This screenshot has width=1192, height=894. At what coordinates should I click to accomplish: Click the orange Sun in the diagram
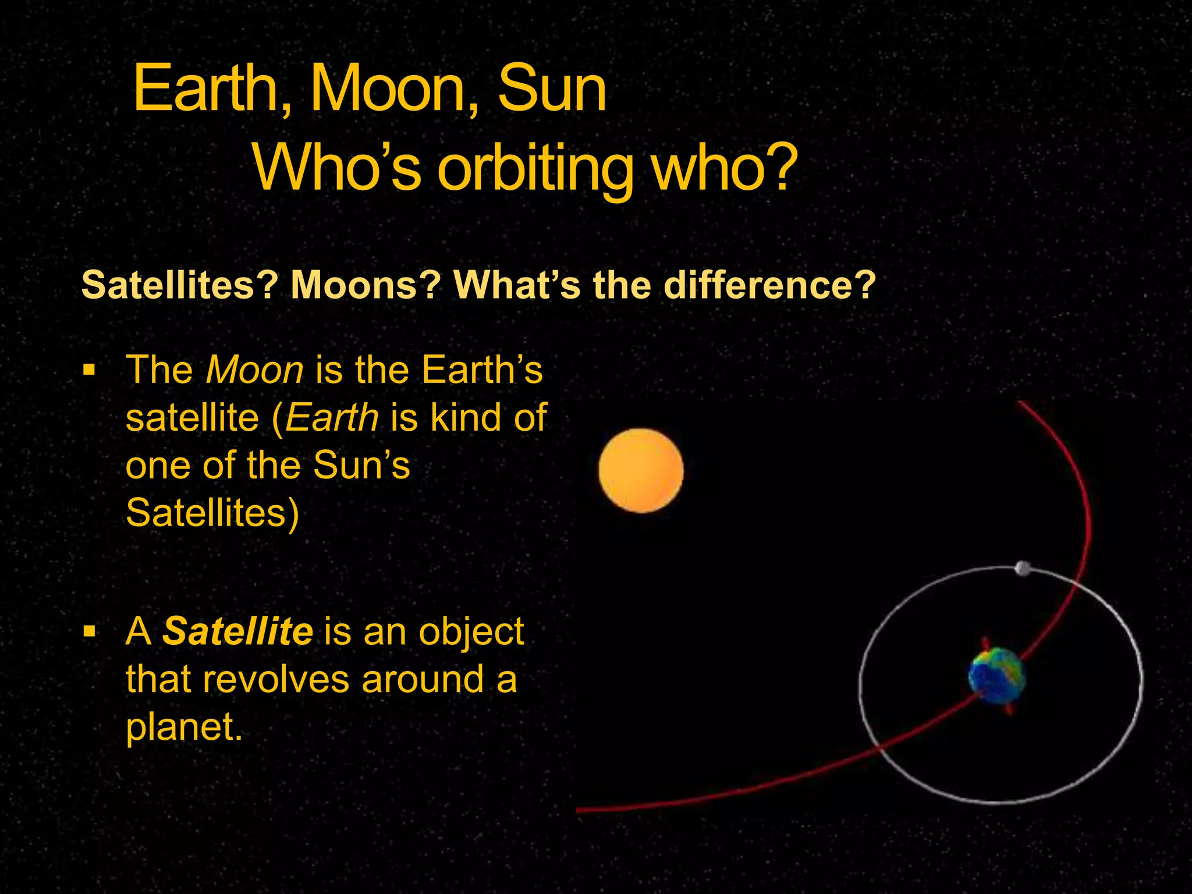[x=641, y=470]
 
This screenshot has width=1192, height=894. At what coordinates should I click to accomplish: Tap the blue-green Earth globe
[x=996, y=676]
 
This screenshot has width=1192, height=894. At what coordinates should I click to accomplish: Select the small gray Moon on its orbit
[x=1023, y=568]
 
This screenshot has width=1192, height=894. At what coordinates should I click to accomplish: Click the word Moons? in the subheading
[x=366, y=285]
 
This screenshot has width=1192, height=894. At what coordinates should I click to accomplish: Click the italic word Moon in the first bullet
[x=255, y=370]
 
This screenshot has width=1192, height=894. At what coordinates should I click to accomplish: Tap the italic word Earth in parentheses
[x=332, y=417]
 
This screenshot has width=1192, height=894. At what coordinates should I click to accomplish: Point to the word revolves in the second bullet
[x=276, y=679]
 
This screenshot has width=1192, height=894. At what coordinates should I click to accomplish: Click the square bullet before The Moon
[x=88, y=370]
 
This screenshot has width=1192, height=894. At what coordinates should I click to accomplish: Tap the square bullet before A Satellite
[x=88, y=632]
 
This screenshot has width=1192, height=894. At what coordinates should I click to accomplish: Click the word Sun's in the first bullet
[x=361, y=465]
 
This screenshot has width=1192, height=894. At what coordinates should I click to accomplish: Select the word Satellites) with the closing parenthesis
[x=212, y=513]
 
